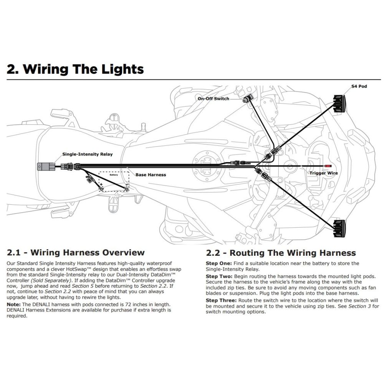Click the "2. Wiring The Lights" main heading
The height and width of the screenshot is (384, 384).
point(75,69)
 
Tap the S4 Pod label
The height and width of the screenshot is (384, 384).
point(359,86)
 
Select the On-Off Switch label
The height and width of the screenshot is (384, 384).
point(213,99)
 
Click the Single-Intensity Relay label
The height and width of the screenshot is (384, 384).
point(88,154)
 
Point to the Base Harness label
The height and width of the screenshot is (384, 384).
point(151,175)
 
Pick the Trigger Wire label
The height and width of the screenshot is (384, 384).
point(324,173)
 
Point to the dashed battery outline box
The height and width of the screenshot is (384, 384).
point(114,180)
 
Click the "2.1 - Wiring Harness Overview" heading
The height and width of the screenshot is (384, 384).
point(76,253)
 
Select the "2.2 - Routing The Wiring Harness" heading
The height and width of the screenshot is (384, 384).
point(281,253)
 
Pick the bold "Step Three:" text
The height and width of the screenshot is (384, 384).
point(221,300)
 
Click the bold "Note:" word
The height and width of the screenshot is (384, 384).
point(14,304)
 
